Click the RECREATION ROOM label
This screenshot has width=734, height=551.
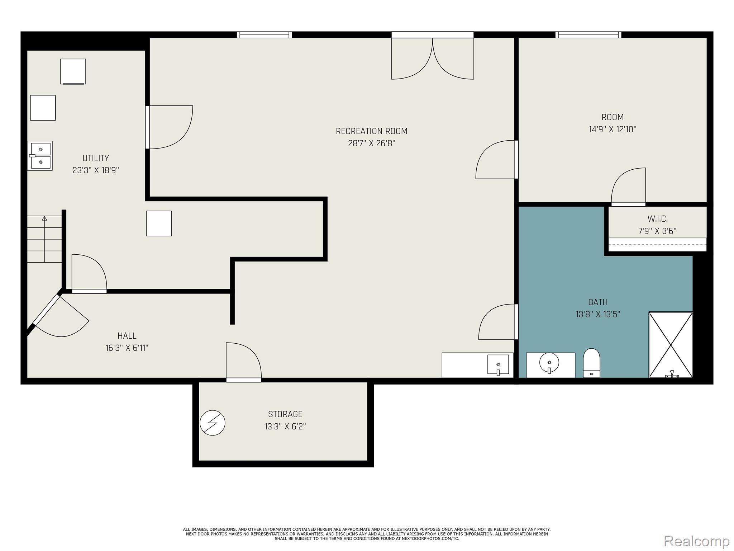pos(371,131)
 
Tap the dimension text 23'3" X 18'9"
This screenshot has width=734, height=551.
pos(96,170)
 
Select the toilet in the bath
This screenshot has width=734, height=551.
pos(591,363)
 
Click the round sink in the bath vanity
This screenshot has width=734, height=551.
pos(549,363)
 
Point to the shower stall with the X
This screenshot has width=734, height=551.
pos(671,345)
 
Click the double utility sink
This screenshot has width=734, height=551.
pos(40,156)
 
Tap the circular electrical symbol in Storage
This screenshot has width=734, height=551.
pos(213,423)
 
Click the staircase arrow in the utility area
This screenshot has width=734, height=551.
pos(44,239)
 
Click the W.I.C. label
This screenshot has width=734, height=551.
pos(657,219)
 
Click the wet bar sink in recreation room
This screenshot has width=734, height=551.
pos(498,365)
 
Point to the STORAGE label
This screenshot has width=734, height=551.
pos(285,414)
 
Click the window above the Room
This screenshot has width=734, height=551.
pos(588,35)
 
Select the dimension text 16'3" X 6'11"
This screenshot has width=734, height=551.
pos(127,348)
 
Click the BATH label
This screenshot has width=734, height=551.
pos(598,302)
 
